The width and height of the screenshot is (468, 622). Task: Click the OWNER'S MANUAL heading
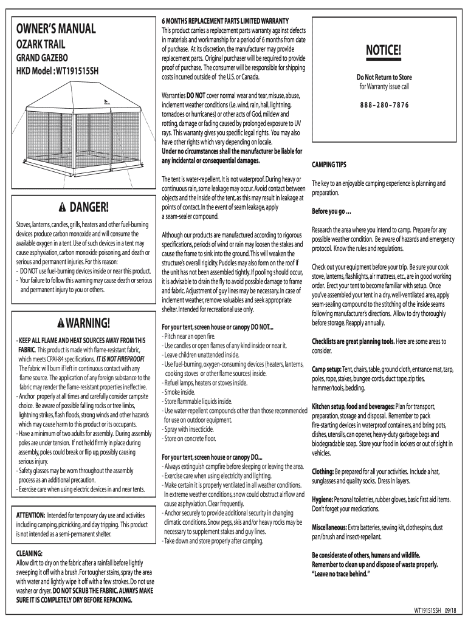[x=56, y=29]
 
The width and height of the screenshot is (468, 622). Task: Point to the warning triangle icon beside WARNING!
[x=61, y=321]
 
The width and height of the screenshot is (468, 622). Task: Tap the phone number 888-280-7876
[x=384, y=105]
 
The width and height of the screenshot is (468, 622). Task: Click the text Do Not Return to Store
[x=384, y=77]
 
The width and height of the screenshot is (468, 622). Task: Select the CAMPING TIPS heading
[x=329, y=165]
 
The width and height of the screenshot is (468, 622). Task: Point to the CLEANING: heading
[x=29, y=554]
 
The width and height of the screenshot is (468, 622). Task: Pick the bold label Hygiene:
[x=325, y=499]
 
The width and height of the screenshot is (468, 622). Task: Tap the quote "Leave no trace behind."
[x=340, y=573]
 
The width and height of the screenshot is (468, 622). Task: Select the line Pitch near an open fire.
[x=188, y=336]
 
